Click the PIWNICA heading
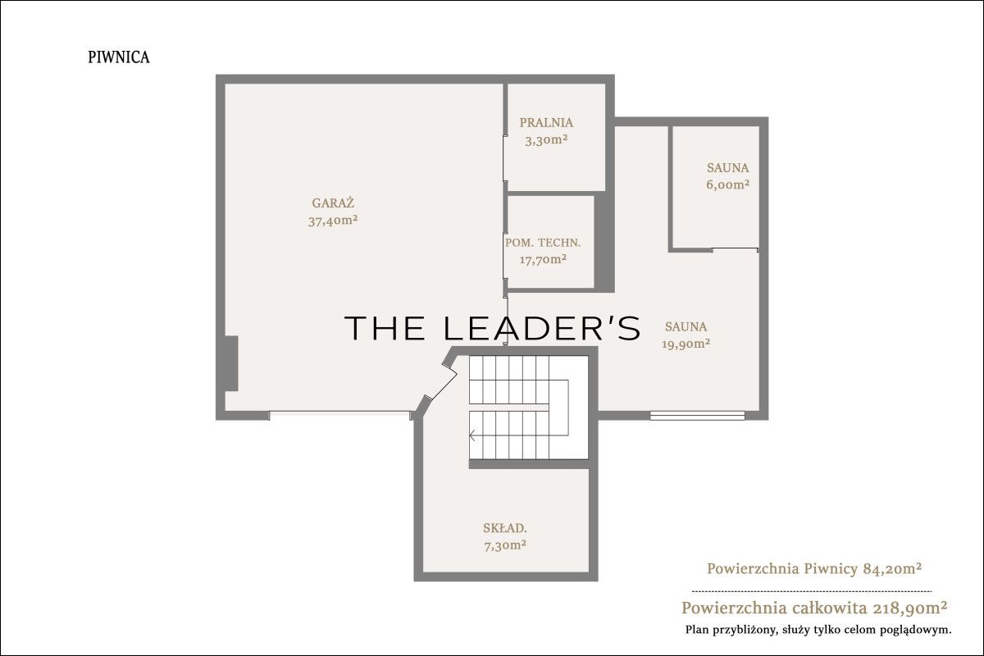119,57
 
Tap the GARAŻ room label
333,203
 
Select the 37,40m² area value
333,220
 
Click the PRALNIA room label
546,122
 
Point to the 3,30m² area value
546,140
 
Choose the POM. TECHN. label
543,243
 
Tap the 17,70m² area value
543,259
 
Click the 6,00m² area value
728,184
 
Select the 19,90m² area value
686,344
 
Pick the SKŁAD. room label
505,528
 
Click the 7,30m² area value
505,546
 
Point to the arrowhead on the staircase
472,436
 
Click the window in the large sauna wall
697,416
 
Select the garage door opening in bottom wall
339,413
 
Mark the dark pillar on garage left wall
231,363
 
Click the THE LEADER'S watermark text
492,328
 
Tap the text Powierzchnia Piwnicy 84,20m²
814,568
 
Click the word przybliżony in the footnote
742,630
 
